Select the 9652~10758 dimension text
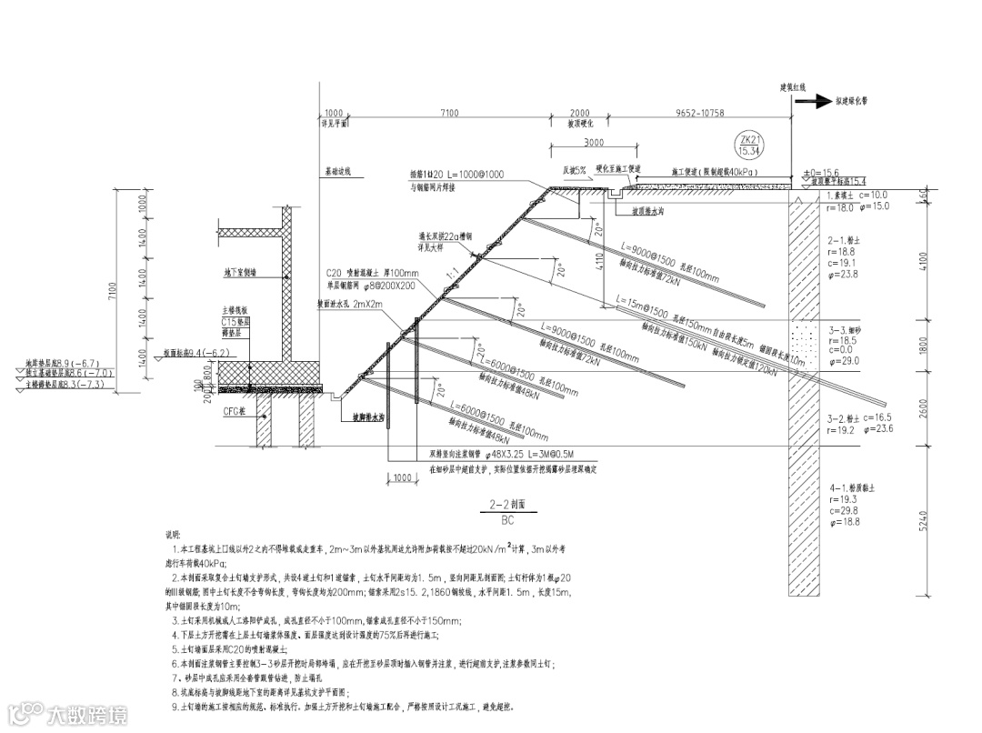pos(699,113)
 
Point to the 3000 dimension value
pos(594,144)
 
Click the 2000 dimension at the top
pos(578,113)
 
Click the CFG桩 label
pos(233,412)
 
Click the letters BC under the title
pos(507,518)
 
